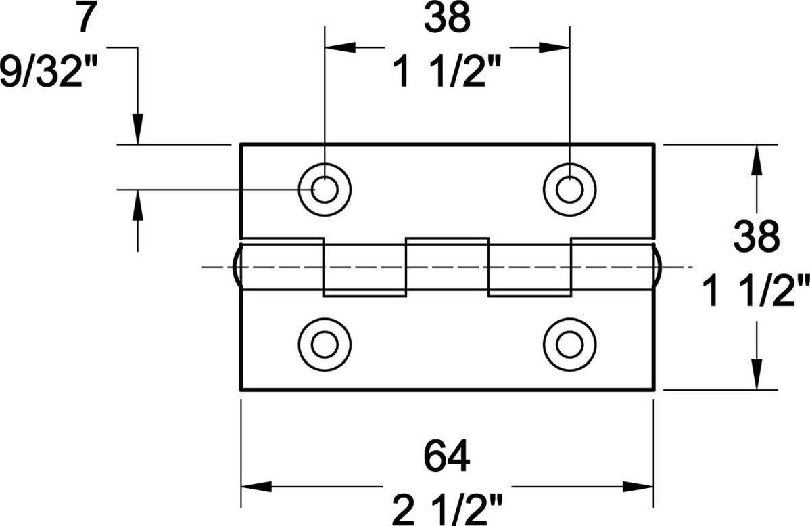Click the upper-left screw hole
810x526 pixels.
tap(325, 190)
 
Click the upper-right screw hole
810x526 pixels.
tap(570, 190)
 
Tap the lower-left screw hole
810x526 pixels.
tap(325, 345)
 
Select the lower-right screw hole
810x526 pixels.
tap(570, 345)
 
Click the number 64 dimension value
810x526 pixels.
tap(447, 457)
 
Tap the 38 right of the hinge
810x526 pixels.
tap(757, 238)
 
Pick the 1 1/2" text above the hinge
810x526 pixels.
tap(447, 72)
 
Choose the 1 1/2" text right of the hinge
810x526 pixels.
tap(757, 294)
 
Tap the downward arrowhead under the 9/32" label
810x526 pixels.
tap(138, 129)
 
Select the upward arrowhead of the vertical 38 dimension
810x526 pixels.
tap(756, 160)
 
